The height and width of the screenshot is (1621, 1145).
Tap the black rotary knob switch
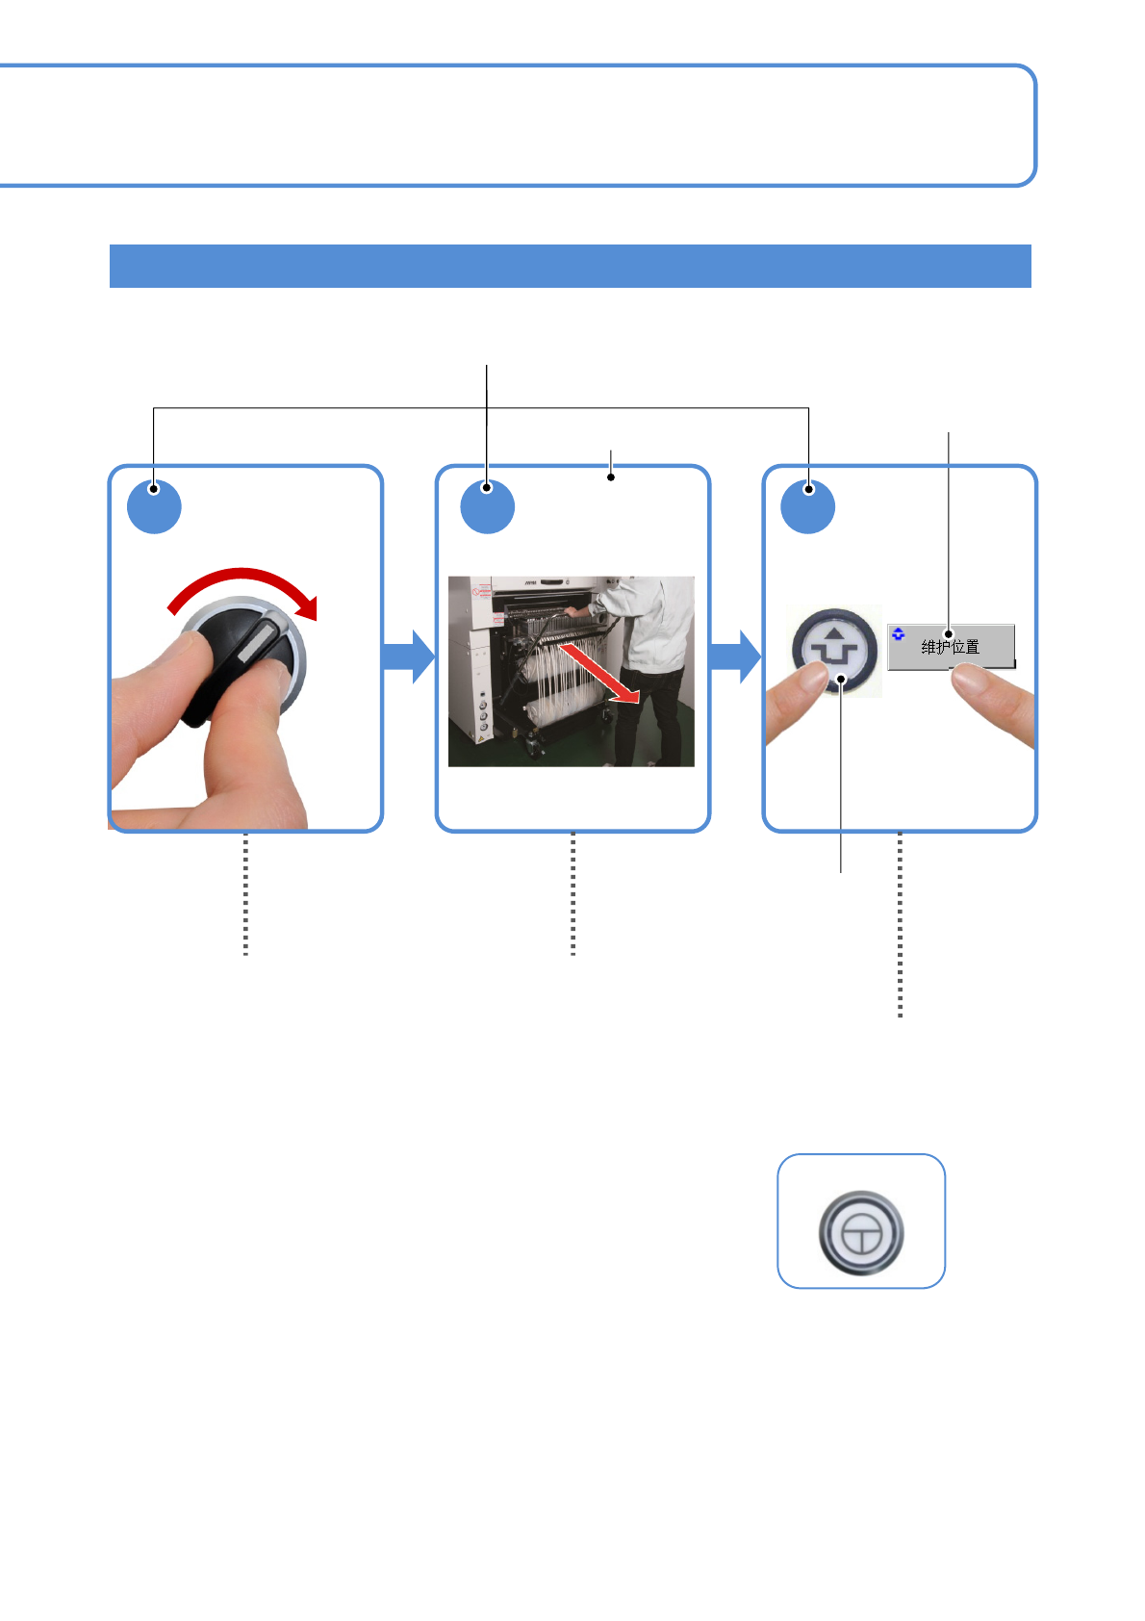coord(236,659)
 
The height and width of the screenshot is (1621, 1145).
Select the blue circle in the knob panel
coord(154,505)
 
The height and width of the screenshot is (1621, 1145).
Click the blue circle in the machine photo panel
coord(487,505)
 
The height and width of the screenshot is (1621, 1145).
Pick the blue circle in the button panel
coord(808,505)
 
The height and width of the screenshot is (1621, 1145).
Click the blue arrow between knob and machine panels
coord(409,656)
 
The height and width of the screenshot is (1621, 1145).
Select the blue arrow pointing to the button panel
coord(735,656)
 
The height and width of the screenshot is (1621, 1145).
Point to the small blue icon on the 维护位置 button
coord(898,633)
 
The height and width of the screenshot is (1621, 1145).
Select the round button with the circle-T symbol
coord(860,1232)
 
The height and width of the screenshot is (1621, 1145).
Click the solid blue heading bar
coord(570,266)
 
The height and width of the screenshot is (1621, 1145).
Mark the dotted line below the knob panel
coord(246,893)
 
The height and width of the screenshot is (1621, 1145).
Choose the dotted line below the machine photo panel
coord(572,893)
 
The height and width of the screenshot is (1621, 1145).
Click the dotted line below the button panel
coord(900,924)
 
